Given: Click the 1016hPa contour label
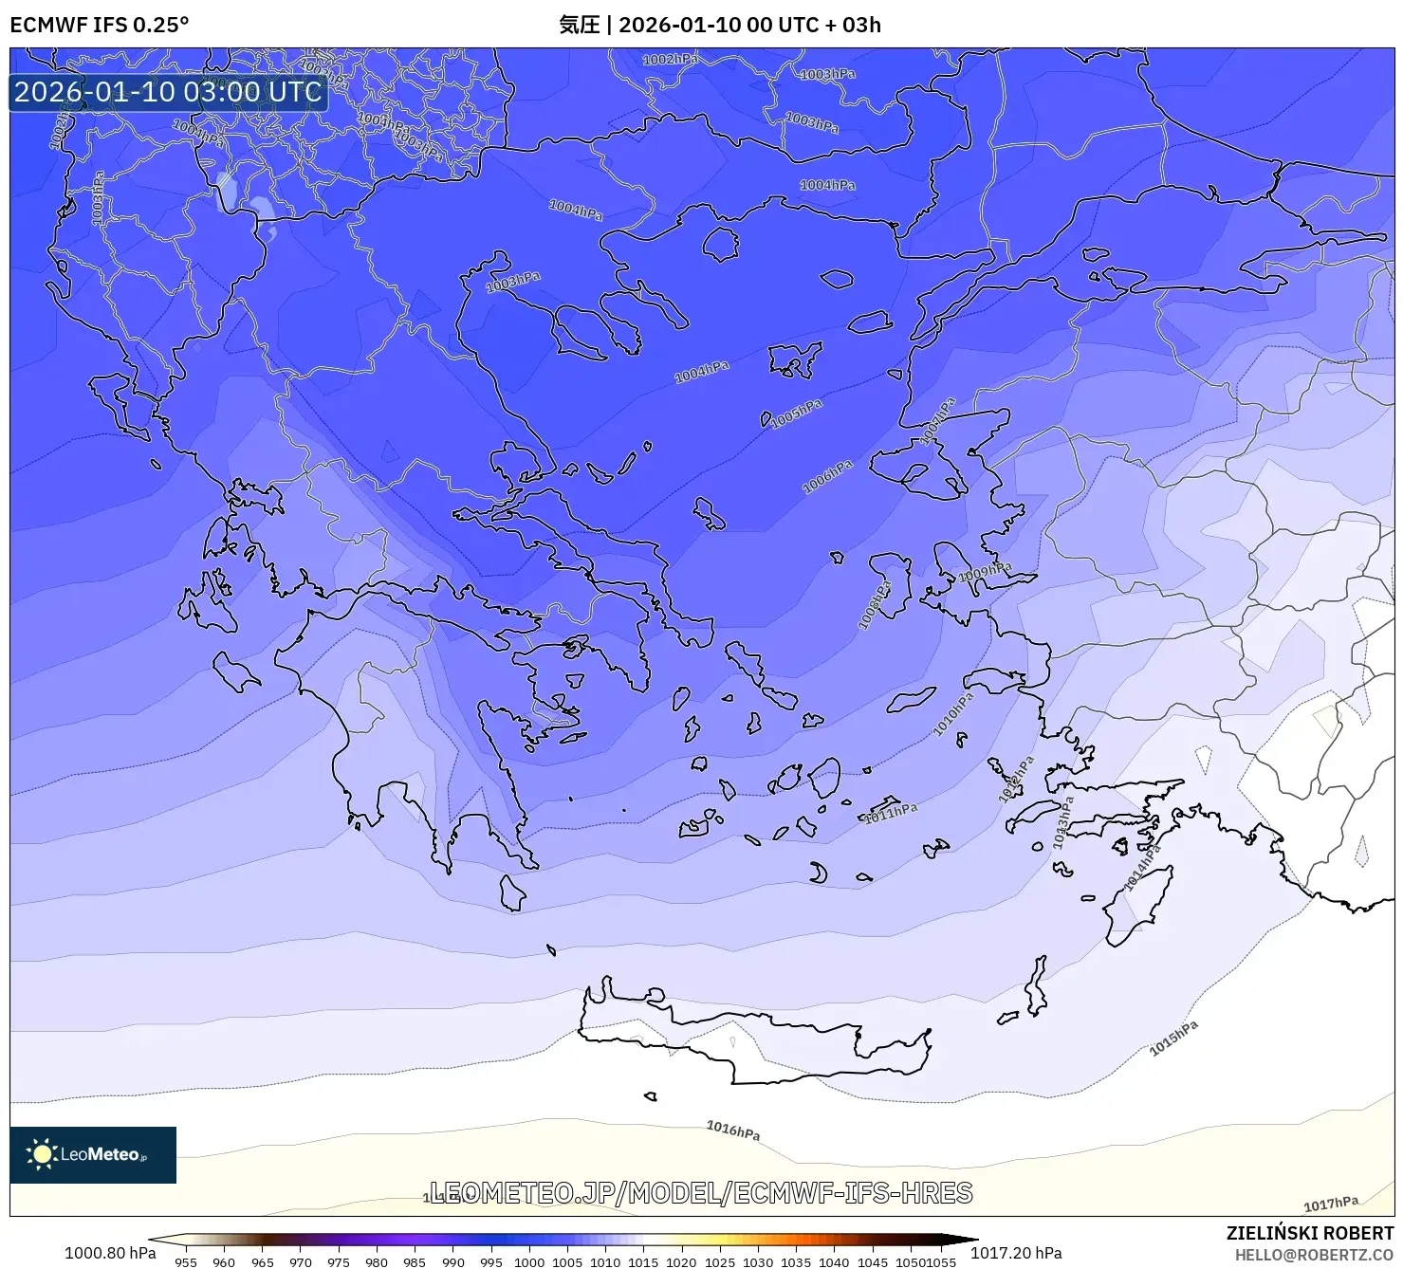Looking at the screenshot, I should coord(732,1130).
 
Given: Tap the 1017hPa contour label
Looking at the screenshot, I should coord(1330,1204).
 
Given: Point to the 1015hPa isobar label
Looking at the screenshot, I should coord(1173,1039).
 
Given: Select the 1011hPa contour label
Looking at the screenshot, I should coord(891,813).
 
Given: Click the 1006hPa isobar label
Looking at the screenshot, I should coord(827,477).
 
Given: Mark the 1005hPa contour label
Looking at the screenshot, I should coord(796,414).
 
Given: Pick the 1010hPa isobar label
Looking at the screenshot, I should coord(953,714).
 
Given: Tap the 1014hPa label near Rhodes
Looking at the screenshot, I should coord(1142,868).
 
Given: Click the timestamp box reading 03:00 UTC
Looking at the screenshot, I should coord(168,92).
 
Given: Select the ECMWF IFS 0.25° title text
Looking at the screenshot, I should coord(100,25).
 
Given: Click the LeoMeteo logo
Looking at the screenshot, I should coord(93,1154).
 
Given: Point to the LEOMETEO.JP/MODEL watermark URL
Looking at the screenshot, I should coord(701,1192).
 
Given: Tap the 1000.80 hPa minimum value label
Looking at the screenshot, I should coord(110,1253).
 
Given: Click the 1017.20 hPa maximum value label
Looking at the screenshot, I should coord(1016,1253).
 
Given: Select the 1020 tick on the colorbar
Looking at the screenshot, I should coord(681,1261).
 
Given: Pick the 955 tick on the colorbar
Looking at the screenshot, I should coord(186,1261).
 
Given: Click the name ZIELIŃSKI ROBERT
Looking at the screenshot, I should coord(1309,1233).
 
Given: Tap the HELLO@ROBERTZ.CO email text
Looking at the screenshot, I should coord(1314,1255).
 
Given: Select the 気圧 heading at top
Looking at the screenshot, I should coord(579,25).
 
